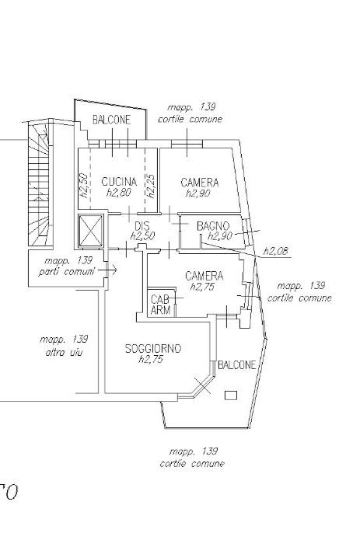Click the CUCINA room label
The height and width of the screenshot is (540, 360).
point(119,182)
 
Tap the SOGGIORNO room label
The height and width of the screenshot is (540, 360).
point(153,349)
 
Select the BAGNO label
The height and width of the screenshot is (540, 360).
point(213,226)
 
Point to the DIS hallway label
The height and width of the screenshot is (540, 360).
point(142,226)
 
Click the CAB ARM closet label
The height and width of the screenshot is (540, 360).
point(160,305)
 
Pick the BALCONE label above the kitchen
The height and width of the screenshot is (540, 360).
point(112,120)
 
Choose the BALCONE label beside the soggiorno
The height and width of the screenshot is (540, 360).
point(237,364)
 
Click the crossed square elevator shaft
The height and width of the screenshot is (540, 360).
point(91,231)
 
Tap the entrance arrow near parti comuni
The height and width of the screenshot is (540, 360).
point(107,270)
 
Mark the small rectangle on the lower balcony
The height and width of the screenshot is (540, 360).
point(231,395)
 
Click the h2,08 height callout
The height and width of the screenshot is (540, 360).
point(275,251)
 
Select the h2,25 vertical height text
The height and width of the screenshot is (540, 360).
point(151,186)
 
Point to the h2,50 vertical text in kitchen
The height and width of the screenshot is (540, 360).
point(84,185)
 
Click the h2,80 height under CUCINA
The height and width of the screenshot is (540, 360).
point(119,192)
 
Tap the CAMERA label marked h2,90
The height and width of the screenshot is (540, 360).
point(200,182)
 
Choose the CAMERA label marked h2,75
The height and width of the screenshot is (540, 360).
point(204,276)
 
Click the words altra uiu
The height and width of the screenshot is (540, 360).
point(64,352)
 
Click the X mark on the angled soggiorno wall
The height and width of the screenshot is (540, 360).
point(203,385)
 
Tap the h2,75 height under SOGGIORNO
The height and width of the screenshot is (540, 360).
point(151,359)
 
